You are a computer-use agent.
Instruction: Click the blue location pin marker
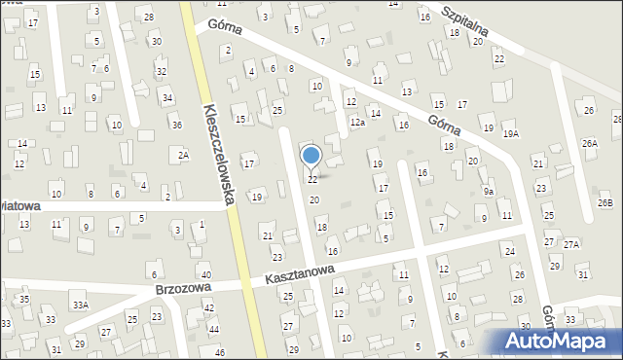point(311,156)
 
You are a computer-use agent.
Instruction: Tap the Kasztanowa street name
point(299,276)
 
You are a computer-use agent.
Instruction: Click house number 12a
point(357,123)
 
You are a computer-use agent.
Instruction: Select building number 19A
point(511,133)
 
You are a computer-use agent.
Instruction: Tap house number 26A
point(590,143)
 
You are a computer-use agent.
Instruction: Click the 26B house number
point(605,202)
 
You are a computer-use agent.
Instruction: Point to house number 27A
point(571,244)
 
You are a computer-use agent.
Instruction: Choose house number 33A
point(80,306)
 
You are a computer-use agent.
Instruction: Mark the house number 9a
point(489,192)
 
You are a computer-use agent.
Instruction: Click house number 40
point(205,276)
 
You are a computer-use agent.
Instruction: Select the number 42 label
point(209,307)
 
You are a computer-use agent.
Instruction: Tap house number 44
point(213,329)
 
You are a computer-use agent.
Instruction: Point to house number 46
point(219,351)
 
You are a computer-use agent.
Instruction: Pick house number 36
point(176,124)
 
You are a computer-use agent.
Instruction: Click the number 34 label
point(167,97)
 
